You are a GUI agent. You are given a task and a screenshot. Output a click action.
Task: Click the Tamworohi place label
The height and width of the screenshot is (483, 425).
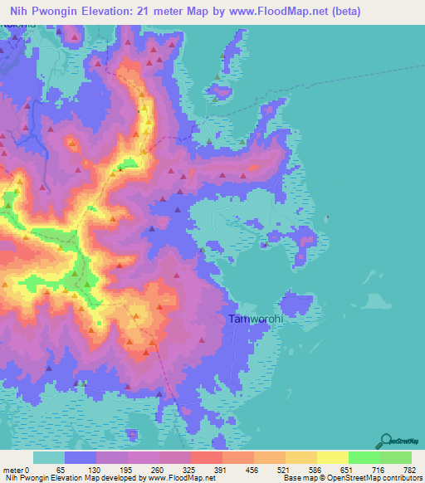tap(255, 318)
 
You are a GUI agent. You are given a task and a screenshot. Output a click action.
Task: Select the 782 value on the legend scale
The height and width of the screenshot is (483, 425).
tap(409, 469)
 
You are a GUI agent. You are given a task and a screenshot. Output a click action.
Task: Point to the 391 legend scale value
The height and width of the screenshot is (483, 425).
tap(220, 469)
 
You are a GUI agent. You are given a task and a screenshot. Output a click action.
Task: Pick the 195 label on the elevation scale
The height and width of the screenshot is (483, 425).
tap(126, 469)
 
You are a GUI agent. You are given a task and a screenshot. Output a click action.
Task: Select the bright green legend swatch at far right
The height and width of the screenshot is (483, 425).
tap(395, 457)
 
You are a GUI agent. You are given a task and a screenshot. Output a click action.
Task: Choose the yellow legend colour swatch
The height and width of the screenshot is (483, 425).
tap(332, 457)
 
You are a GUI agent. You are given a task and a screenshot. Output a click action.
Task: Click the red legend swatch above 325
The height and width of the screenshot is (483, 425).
tap(206, 457)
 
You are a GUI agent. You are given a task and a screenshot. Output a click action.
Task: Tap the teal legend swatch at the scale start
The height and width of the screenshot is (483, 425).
tap(49, 457)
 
